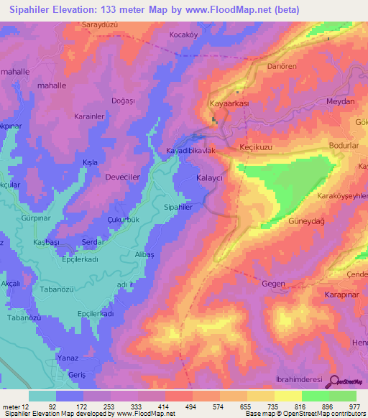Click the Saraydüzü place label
[x=101, y=24]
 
